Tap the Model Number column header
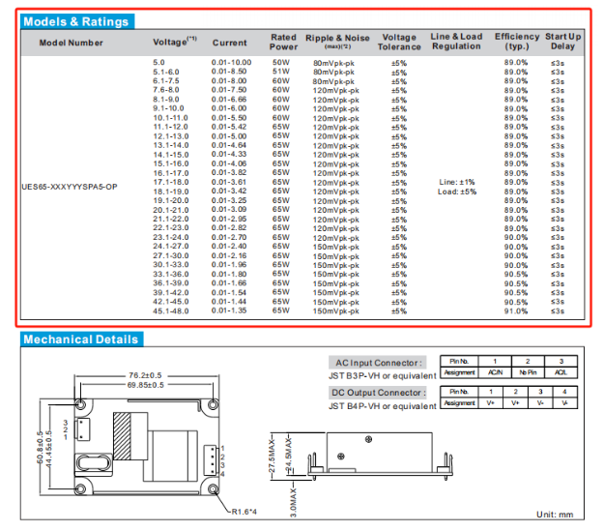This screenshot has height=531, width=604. click(x=72, y=43)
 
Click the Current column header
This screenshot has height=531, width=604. click(x=229, y=43)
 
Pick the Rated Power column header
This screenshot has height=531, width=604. click(x=283, y=43)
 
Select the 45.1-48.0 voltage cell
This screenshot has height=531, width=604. click(x=171, y=310)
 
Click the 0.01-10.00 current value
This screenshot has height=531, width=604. click(x=231, y=62)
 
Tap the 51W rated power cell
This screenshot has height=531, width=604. click(x=281, y=72)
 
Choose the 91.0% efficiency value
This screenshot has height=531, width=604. click(x=516, y=310)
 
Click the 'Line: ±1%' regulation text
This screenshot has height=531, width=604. click(x=456, y=181)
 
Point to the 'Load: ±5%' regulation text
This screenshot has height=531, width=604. click(x=456, y=192)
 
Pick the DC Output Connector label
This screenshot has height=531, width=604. click(x=381, y=393)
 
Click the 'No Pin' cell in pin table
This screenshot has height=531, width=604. click(x=527, y=371)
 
